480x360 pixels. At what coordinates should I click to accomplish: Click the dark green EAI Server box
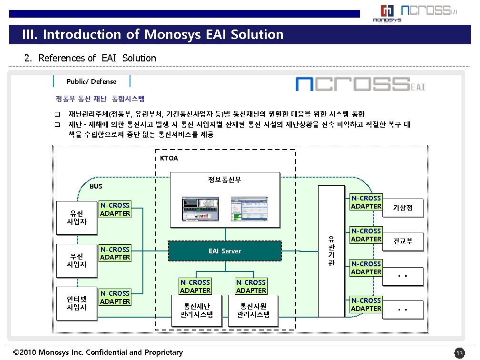point(225,251)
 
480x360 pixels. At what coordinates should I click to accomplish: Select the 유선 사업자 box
point(76,217)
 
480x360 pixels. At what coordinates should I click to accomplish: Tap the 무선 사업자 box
point(76,260)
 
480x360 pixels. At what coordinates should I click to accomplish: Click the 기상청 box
point(402,208)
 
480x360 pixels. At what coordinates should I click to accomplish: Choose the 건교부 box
point(402,241)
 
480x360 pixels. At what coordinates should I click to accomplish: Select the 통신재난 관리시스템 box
point(197,310)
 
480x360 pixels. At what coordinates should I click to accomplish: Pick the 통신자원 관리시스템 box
point(253,310)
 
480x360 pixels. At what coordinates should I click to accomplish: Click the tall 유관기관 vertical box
point(331,250)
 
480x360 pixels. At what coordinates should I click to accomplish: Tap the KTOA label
point(169,158)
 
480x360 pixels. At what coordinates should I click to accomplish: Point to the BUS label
point(96,186)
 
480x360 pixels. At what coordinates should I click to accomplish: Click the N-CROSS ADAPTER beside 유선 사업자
point(115,210)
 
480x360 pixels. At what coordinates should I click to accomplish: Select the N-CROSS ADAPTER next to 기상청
point(366,202)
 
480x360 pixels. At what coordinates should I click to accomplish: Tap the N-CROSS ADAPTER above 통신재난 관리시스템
point(195,286)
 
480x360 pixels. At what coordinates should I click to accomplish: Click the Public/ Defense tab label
point(91,81)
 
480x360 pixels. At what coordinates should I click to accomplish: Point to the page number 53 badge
point(459,353)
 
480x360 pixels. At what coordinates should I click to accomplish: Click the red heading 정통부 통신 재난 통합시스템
point(100,99)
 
